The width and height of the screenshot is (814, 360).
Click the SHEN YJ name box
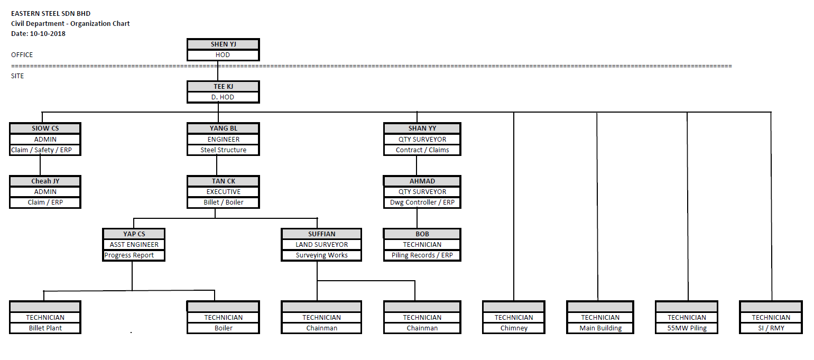click(x=223, y=44)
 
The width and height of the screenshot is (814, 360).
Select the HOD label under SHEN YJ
click(x=223, y=55)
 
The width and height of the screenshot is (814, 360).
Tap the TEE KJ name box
click(x=223, y=87)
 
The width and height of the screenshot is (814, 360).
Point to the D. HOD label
click(x=223, y=97)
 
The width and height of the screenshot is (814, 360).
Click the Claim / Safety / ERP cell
click(x=45, y=150)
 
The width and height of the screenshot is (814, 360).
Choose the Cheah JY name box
click(x=45, y=181)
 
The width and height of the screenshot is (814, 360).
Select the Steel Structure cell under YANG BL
click(x=223, y=150)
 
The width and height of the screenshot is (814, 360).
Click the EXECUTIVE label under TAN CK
click(x=223, y=192)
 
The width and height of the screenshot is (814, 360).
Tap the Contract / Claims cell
click(x=422, y=150)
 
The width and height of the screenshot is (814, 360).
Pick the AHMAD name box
click(x=422, y=181)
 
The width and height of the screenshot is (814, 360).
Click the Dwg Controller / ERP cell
click(x=422, y=202)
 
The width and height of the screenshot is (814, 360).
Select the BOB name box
click(x=422, y=234)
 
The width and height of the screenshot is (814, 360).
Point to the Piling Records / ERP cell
click(x=422, y=255)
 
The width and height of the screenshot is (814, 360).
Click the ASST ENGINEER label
click(x=134, y=245)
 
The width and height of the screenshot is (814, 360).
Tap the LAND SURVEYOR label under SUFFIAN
click(x=321, y=245)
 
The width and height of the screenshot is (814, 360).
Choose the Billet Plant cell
click(x=45, y=328)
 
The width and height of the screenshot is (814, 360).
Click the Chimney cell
click(x=513, y=328)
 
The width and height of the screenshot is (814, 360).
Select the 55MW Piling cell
click(x=686, y=328)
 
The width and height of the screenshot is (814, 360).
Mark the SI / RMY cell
click(x=771, y=328)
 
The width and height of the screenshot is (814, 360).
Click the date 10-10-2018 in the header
click(x=48, y=34)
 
